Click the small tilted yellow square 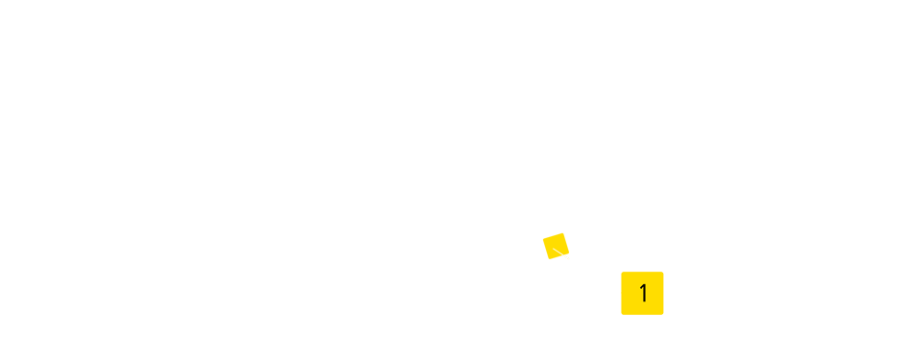coord(556,246)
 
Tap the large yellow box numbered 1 coord(642,293)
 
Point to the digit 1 coord(643,293)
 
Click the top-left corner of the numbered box coord(622,272)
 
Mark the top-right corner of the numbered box coord(663,272)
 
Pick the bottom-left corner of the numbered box coord(622,314)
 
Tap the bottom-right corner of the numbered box coord(663,314)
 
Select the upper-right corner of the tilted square coord(562,232)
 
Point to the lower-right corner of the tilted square coord(570,252)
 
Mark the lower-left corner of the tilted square coord(549,259)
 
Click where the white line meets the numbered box coord(622,292)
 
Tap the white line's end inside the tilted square coord(554,248)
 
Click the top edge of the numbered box coord(642,272)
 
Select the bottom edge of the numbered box coord(642,314)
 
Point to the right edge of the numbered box coord(663,293)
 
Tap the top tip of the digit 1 coord(644,284)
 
